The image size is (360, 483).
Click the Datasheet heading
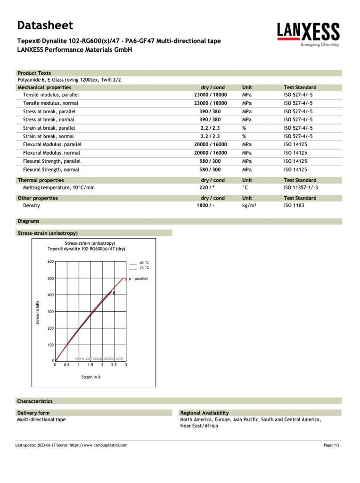click(x=45, y=25)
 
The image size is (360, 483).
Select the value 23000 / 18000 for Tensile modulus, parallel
click(x=210, y=95)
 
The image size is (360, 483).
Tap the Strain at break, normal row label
click(x=49, y=136)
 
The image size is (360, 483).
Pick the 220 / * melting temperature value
click(x=207, y=188)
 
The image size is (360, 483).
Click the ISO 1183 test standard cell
click(x=294, y=206)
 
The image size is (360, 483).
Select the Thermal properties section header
click(x=41, y=180)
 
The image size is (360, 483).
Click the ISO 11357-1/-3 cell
click(x=301, y=188)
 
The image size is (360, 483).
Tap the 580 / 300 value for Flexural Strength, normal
click(x=210, y=170)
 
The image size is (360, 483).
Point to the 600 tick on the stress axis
click(x=50, y=261)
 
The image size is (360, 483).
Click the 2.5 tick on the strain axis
click(x=114, y=365)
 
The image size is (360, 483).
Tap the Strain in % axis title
click(x=91, y=377)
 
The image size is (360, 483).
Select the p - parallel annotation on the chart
click(x=138, y=279)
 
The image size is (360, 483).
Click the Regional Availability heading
click(x=205, y=413)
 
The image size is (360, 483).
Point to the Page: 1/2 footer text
click(x=332, y=445)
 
